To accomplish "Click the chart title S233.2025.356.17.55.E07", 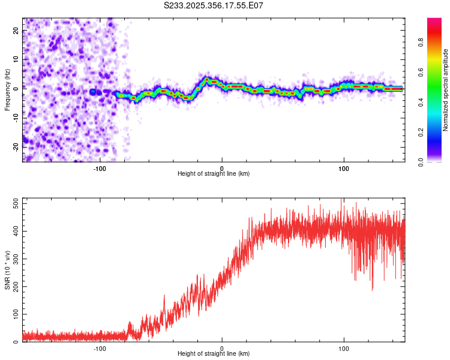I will (214, 5).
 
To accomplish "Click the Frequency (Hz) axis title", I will (7, 90).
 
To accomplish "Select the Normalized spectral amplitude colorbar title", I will (446, 90).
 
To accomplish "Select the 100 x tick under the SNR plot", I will (344, 348).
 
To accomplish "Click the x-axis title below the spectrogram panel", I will (214, 174).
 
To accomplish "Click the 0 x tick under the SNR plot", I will (222, 348).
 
